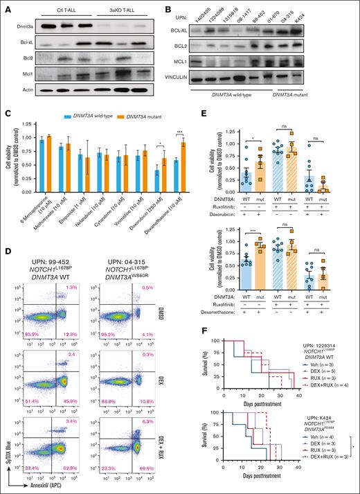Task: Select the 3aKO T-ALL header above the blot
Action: [122, 12]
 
